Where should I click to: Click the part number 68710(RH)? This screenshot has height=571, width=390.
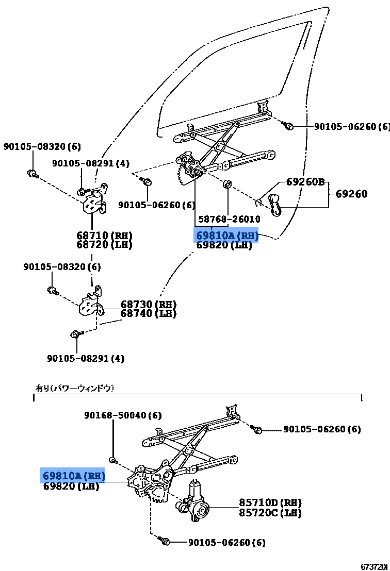[104, 236]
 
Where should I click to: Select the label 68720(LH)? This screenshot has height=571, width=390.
[104, 245]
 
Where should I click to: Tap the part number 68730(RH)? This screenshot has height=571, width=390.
[149, 305]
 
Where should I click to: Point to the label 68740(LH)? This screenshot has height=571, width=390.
[149, 313]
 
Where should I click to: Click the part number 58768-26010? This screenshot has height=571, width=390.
[229, 220]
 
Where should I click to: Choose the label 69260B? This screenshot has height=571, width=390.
[305, 182]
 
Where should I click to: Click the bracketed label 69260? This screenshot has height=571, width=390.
[351, 194]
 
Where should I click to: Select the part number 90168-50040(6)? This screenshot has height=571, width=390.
[123, 415]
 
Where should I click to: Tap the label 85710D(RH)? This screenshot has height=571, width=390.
[270, 502]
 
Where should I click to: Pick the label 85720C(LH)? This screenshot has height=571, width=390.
[270, 513]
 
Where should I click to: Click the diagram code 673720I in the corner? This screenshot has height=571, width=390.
[374, 566]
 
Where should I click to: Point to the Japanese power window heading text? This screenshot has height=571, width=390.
[74, 388]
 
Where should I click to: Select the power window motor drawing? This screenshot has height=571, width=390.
[194, 502]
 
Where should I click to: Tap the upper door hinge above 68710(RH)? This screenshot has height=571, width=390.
[95, 200]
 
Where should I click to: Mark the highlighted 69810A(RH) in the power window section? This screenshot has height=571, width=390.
[73, 476]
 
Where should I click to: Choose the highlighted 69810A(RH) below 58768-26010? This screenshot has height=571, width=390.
[226, 236]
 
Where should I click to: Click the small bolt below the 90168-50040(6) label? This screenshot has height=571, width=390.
[112, 459]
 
